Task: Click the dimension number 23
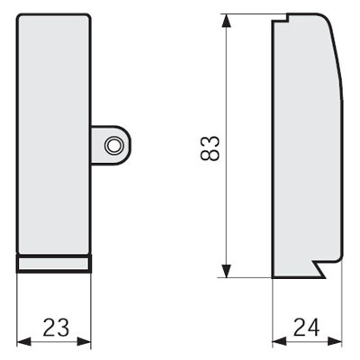coord(56,327)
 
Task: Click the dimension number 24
coord(307,327)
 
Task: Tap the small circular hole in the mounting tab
coord(113,146)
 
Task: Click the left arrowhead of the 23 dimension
coord(23,342)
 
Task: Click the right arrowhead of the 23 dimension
coord(84,342)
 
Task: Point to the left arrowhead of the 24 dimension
coord(279,341)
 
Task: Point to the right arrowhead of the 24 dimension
coord(335,341)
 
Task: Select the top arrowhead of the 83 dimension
coord(227,21)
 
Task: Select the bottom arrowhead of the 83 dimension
coord(227,271)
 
